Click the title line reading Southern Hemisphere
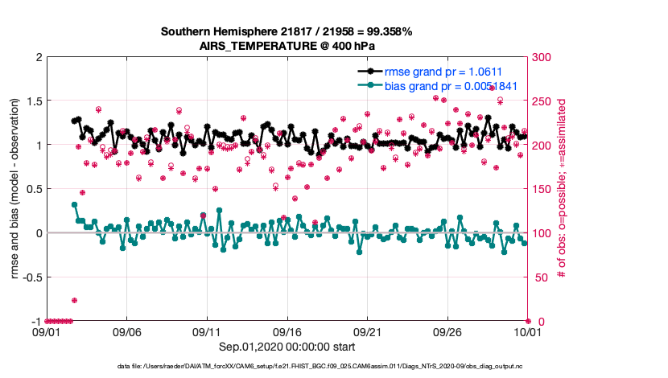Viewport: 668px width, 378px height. pyautogui.click(x=287, y=32)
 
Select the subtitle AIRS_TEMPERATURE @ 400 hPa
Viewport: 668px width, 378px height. pyautogui.click(x=287, y=46)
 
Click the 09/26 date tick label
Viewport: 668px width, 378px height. pyautogui.click(x=447, y=331)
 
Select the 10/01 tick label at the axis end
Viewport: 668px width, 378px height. pyautogui.click(x=528, y=331)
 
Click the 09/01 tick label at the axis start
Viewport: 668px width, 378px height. pyautogui.click(x=46, y=331)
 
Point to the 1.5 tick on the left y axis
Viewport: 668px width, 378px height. pyautogui.click(x=33, y=101)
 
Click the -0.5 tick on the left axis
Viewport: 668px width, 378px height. pyautogui.click(x=31, y=277)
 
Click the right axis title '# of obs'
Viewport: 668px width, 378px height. pyautogui.click(x=563, y=190)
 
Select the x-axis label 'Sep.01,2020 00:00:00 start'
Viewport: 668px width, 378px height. pyautogui.click(x=287, y=346)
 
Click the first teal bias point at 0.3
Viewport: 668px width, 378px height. pyautogui.click(x=74, y=204)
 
